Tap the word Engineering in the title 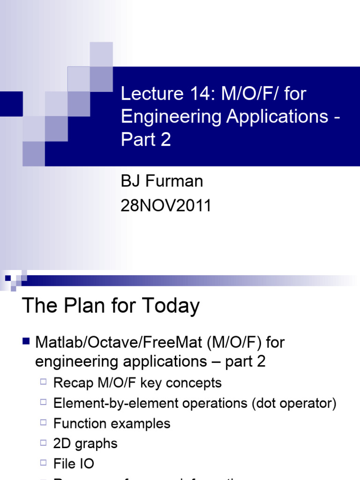[x=171, y=117]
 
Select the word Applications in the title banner [x=277, y=116]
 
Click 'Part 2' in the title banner [x=146, y=140]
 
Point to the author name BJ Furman [x=162, y=181]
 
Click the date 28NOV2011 [x=166, y=205]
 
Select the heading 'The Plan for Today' [x=111, y=306]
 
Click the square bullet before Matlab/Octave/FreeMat [x=27, y=341]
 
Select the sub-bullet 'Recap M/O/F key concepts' [x=137, y=382]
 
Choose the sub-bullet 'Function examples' [x=112, y=423]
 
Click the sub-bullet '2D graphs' [x=85, y=443]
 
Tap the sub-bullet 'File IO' [x=74, y=464]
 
